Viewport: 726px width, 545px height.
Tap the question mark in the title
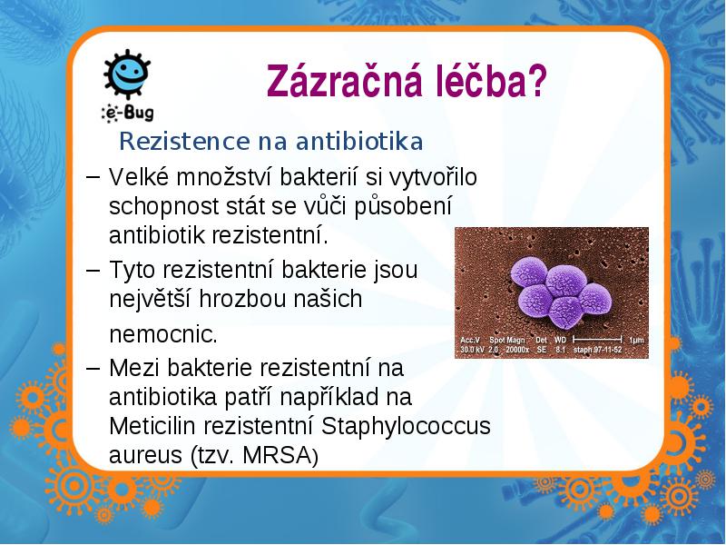pos(536,81)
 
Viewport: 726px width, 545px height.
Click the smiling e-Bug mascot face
pos(127,74)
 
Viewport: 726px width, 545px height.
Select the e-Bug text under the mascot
pos(128,113)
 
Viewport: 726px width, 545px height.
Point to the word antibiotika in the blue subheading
pos(359,142)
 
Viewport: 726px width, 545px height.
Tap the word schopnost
pos(164,207)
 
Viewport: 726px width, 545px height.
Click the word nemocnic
pos(163,333)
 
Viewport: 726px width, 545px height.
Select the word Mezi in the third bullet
pos(135,368)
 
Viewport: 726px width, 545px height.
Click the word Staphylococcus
pos(406,426)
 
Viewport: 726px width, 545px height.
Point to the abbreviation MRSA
pos(277,455)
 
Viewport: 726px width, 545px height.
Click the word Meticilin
pos(152,426)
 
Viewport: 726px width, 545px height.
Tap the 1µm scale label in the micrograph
pos(637,340)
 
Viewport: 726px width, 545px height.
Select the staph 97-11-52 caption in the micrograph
pos(597,350)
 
